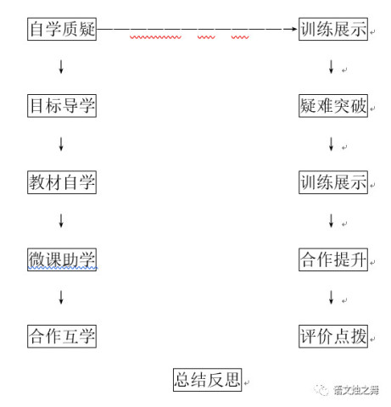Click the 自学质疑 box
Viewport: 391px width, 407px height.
click(x=62, y=29)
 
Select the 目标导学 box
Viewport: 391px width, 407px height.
click(x=62, y=106)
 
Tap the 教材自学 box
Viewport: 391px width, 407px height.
click(x=62, y=182)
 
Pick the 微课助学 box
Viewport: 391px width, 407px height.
click(x=62, y=259)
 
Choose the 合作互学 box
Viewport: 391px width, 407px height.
click(x=62, y=337)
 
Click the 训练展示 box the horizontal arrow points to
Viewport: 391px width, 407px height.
click(x=333, y=29)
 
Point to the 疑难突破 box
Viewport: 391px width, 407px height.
click(x=333, y=106)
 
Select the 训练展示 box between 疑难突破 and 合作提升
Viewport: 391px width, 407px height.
click(x=333, y=182)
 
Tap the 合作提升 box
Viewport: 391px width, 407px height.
click(x=333, y=259)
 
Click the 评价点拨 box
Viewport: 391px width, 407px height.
click(x=333, y=337)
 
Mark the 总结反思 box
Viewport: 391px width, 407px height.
click(x=208, y=380)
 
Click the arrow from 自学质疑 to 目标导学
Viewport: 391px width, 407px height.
click(x=61, y=67)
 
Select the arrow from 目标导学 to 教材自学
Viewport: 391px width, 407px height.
click(x=61, y=144)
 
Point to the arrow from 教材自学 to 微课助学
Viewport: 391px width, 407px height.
click(x=61, y=220)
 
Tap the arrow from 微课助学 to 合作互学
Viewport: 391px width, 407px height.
click(x=61, y=298)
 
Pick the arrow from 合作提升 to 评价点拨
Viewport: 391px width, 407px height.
click(x=332, y=298)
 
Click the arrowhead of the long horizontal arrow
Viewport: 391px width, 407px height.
click(x=295, y=29)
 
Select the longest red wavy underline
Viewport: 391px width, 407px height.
click(x=155, y=37)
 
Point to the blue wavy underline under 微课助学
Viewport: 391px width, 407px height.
click(x=63, y=267)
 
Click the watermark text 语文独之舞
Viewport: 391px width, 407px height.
click(x=356, y=390)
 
